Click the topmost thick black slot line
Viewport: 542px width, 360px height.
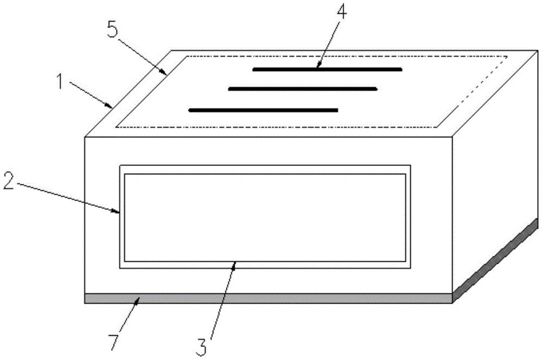point(327,69)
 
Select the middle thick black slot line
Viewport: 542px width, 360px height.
point(302,88)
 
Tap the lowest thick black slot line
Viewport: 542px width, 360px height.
point(263,110)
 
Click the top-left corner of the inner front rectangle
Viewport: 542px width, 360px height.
point(125,174)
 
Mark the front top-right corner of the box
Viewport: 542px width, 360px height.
point(452,137)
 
